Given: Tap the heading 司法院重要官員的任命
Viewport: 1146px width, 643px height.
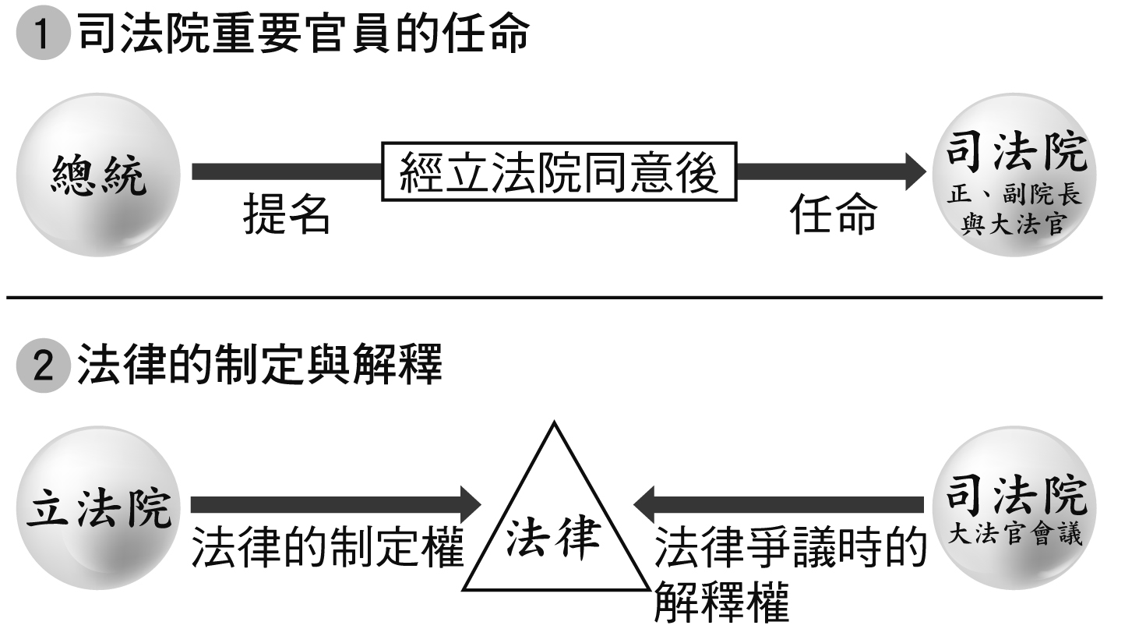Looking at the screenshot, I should tap(304, 35).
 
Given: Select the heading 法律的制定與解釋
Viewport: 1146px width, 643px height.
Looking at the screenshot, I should tap(260, 365).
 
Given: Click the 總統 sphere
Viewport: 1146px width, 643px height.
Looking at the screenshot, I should tap(98, 175).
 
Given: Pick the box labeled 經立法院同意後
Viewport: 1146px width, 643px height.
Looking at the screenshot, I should tap(559, 171).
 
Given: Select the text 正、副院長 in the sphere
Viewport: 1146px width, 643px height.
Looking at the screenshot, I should tap(1014, 195).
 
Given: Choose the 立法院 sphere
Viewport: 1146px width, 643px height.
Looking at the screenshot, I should tap(98, 507).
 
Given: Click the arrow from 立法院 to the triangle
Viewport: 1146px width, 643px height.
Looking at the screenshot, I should tap(335, 504).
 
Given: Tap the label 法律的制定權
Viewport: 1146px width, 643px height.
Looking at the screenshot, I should tap(327, 547).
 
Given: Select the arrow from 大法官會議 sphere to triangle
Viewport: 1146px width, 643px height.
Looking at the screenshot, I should tap(779, 504).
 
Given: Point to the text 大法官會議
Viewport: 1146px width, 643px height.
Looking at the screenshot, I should tap(1015, 535).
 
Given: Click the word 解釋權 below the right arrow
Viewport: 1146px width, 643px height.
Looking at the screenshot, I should tap(721, 601).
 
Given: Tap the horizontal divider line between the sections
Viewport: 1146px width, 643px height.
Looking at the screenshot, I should tap(554, 297).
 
